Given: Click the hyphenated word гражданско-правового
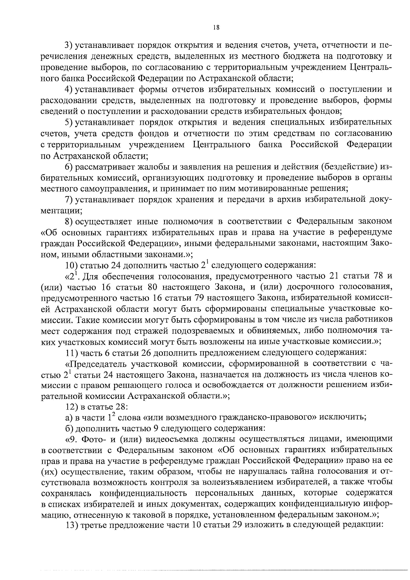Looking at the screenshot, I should (254, 418).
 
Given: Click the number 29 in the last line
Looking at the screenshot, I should (238, 526).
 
